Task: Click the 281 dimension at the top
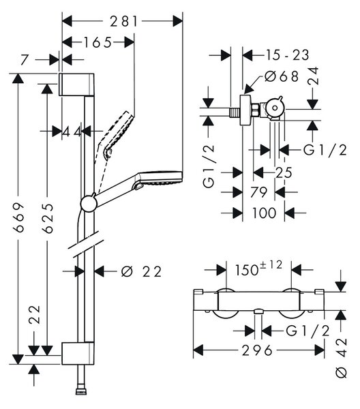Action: [x=123, y=21]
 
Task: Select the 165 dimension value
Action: [x=97, y=42]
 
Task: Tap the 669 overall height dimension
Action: [x=19, y=217]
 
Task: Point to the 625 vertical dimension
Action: [x=48, y=218]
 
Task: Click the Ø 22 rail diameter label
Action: [x=142, y=271]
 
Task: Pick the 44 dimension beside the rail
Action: [x=72, y=132]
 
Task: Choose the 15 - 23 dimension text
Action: [x=287, y=55]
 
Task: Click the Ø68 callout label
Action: [x=282, y=76]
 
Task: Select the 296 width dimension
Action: [x=257, y=350]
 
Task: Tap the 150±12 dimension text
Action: [x=259, y=269]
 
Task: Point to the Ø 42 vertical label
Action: [x=341, y=358]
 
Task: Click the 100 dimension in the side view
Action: [x=264, y=213]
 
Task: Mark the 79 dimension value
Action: [x=258, y=192]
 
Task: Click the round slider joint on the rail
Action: [x=89, y=204]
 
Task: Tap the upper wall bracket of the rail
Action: [x=76, y=85]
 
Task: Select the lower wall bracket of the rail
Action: [x=78, y=353]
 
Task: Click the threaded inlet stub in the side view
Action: [x=235, y=112]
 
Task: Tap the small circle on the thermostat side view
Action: [x=275, y=108]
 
